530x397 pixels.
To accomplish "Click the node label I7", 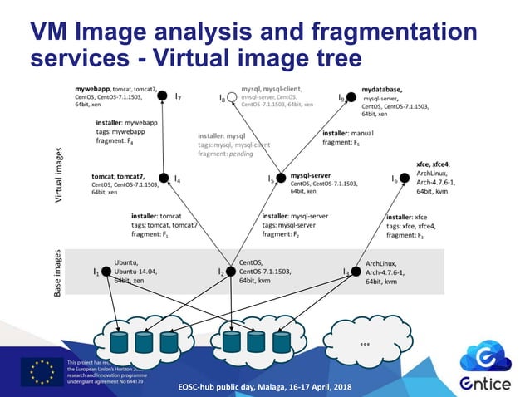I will click(179, 97).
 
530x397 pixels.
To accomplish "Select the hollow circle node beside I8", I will click(233, 99).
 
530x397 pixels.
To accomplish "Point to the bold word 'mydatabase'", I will click(382, 88).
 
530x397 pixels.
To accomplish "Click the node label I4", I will click(178, 178).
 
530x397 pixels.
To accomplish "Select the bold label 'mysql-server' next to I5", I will click(312, 175).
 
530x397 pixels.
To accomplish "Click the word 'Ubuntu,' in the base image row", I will click(128, 262).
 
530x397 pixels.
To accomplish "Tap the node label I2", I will click(221, 272).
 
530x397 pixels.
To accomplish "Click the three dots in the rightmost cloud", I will click(365, 342).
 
